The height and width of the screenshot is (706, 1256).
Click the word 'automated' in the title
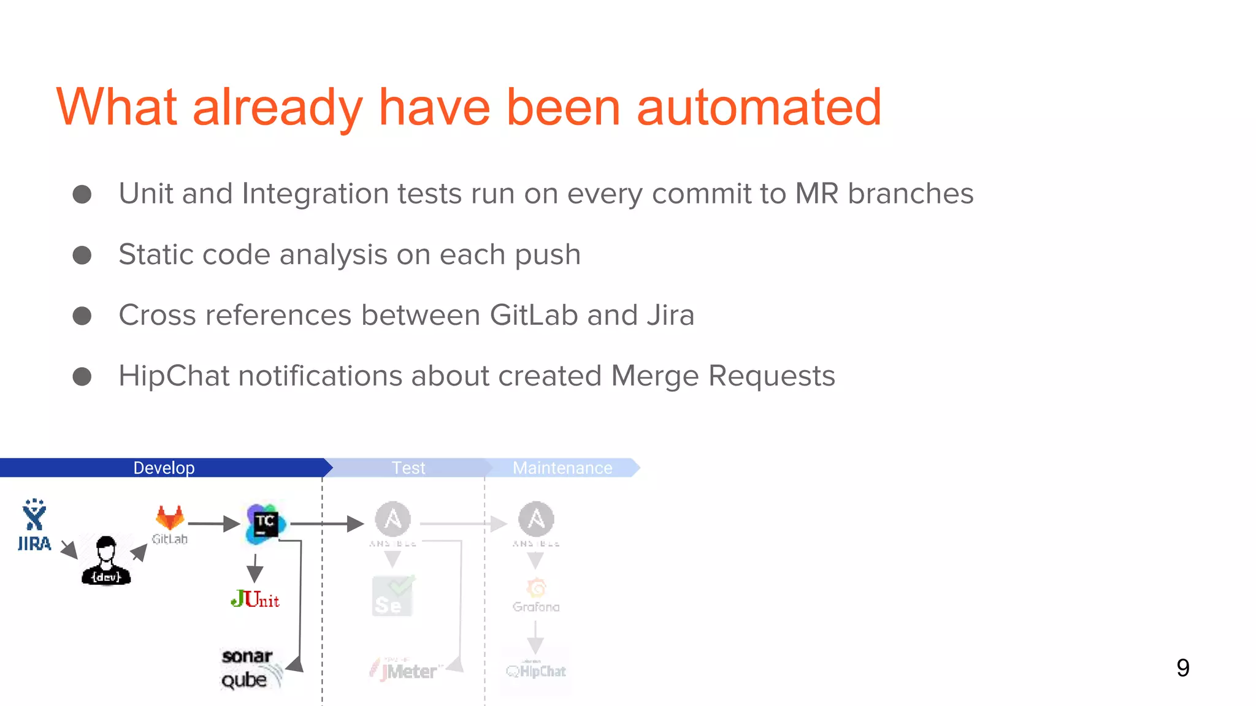759,108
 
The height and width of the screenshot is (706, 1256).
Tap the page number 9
1182,667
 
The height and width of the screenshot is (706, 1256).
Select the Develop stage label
164,468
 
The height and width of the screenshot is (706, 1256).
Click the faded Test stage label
408,468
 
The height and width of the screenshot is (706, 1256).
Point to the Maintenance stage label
562,468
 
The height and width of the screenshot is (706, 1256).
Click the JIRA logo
34,525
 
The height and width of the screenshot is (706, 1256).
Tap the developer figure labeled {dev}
106,561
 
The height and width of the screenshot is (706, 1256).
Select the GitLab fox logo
170,518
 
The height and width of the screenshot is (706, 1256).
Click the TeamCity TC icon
265,524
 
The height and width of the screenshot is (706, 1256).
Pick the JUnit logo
255,599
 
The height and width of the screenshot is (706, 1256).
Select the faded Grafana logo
536,594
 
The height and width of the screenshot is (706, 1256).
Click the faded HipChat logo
536,671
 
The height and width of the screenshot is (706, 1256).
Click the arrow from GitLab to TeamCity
213,523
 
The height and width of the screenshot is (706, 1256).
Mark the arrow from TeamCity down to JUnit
255,568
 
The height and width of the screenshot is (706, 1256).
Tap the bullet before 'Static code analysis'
82,255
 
